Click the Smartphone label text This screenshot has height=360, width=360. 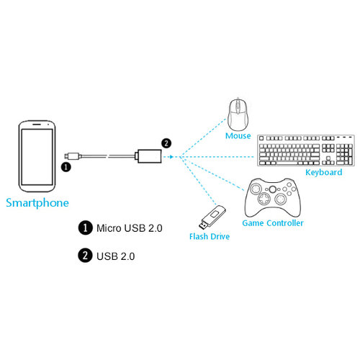tap(37, 203)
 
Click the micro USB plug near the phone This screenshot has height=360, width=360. tap(69, 154)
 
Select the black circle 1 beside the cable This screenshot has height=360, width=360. tap(66, 166)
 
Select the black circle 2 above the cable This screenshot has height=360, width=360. tap(166, 143)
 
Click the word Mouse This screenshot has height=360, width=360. tap(238, 135)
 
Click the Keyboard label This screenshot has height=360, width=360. tap(323, 172)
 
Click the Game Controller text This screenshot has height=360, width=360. tap(272, 223)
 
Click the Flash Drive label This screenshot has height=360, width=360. tap(210, 235)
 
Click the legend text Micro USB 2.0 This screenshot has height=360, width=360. tap(130, 228)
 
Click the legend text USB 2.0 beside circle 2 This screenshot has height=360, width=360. tap(114, 255)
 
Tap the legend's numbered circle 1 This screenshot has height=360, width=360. tap(84, 228)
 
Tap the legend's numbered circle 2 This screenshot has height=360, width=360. tap(84, 255)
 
